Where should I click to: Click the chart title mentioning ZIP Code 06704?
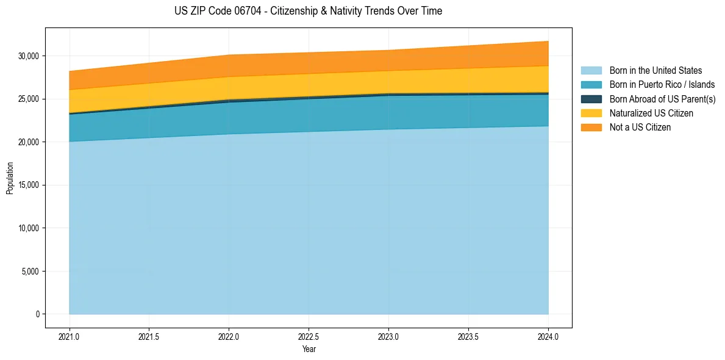(308, 11)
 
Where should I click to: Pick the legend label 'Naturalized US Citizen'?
(651, 113)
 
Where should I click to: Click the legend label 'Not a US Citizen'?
(640, 128)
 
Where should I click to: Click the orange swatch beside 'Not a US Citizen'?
(591, 128)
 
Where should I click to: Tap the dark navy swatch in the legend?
(591, 99)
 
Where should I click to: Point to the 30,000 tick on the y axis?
(28, 56)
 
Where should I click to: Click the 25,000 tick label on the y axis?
(28, 99)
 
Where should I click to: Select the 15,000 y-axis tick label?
(28, 185)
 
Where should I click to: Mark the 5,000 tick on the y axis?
(30, 272)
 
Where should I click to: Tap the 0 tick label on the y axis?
(37, 314)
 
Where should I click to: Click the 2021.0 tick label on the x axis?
(69, 336)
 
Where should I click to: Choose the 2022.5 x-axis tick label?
(309, 336)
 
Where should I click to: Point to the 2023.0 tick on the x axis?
(388, 336)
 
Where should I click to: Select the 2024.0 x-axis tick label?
(548, 336)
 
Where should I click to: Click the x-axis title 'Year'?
(309, 349)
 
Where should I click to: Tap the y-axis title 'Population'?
(10, 178)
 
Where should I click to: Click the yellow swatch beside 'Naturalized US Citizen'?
(591, 113)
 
